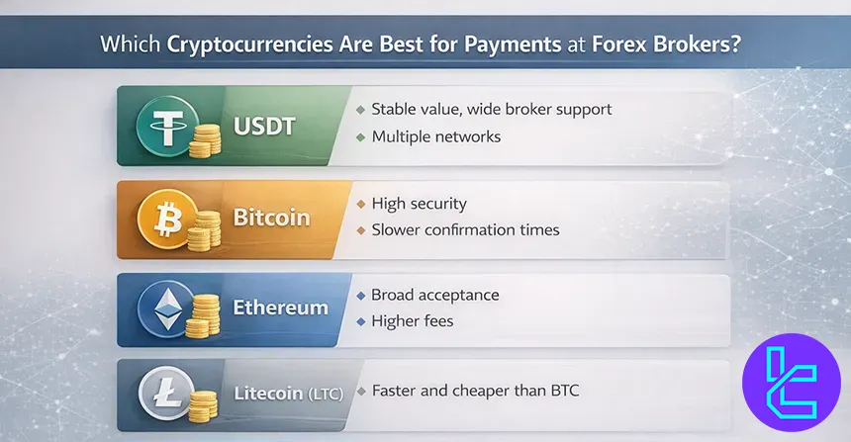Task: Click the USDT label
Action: pos(264,126)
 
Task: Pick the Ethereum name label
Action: pos(280,307)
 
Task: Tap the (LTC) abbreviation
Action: pos(324,394)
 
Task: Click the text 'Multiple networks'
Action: pos(435,136)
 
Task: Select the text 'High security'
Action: pos(419,204)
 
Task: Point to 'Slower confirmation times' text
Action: pos(465,229)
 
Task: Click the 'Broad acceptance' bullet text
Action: pos(435,295)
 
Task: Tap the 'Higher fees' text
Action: pos(414,320)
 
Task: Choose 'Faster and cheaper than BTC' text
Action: pos(474,391)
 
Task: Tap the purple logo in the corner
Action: pos(790,382)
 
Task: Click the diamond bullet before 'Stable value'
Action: pos(360,109)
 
